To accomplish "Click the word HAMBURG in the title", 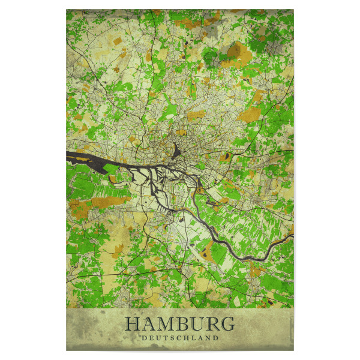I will point(179,324).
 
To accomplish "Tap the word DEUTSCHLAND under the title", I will point(179,337).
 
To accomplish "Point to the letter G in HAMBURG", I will point(227,324).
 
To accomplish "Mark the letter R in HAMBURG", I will point(211,324).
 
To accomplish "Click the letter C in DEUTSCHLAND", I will point(179,337).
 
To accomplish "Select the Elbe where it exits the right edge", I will point(290,236).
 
